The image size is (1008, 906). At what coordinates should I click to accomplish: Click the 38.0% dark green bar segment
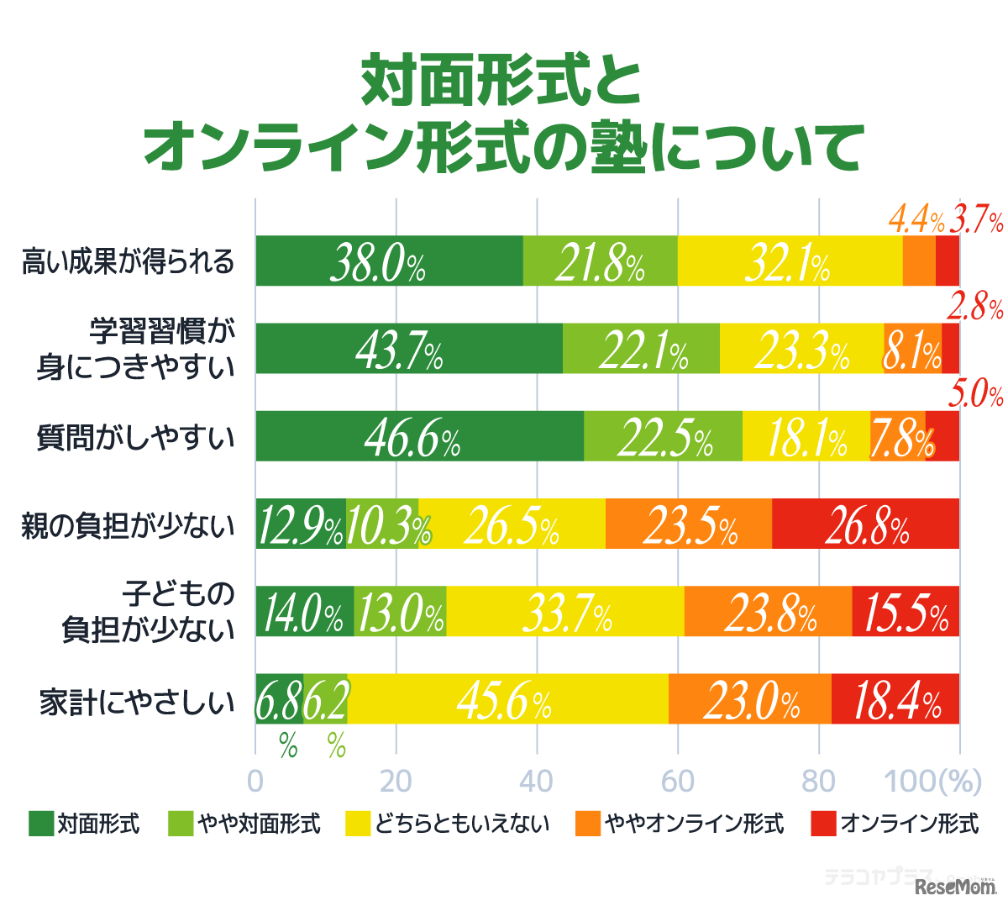click(x=389, y=261)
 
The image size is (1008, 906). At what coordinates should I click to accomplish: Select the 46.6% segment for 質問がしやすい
click(x=419, y=436)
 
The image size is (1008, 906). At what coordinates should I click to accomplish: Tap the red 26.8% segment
click(x=865, y=524)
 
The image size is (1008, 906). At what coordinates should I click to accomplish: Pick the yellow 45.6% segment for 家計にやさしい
click(x=507, y=698)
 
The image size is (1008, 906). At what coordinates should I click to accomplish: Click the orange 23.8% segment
click(x=768, y=611)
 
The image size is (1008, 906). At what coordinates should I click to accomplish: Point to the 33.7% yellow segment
click(x=564, y=611)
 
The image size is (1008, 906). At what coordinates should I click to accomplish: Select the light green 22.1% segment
click(x=641, y=349)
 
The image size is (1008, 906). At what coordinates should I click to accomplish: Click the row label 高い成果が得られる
click(x=128, y=261)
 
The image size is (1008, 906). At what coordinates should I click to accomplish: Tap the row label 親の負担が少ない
click(x=128, y=525)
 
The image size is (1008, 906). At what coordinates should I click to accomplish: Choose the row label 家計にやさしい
click(x=137, y=701)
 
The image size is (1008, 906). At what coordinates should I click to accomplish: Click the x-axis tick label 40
click(x=536, y=781)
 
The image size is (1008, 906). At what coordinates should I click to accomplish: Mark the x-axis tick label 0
click(x=255, y=781)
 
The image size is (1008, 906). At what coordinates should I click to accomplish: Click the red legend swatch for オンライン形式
click(x=824, y=824)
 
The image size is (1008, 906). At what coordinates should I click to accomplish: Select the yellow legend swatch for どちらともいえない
click(x=358, y=824)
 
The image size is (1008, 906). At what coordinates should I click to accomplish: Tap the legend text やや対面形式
click(x=259, y=824)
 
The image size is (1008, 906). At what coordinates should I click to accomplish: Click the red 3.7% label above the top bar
click(x=976, y=221)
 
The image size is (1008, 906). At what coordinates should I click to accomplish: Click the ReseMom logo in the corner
click(x=955, y=886)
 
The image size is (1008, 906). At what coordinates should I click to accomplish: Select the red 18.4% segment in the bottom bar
click(x=895, y=698)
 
